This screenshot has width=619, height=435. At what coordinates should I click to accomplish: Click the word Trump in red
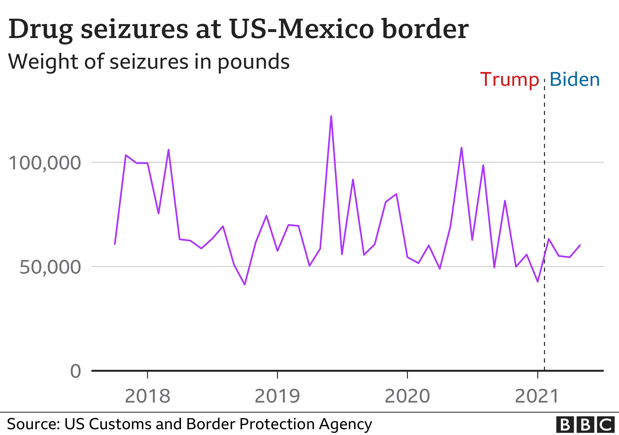click(x=509, y=80)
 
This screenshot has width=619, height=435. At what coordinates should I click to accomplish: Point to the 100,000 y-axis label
click(x=45, y=163)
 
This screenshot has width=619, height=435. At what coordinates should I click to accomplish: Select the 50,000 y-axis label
click(x=50, y=267)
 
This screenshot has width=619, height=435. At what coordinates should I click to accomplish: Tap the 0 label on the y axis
click(x=75, y=371)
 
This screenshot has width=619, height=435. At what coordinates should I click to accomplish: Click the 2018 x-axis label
click(x=147, y=396)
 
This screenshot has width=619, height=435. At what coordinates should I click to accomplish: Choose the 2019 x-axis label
click(x=277, y=396)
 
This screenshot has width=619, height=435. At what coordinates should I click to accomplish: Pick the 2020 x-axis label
click(x=407, y=396)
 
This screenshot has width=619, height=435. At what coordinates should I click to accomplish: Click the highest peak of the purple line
click(x=331, y=116)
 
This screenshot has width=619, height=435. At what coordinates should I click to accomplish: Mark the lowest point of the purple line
click(x=244, y=284)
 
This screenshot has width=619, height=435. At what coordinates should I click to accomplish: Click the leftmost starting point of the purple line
click(x=115, y=244)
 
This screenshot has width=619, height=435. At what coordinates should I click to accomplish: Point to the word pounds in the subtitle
click(x=253, y=62)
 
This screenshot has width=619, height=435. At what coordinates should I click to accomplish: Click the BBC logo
click(x=585, y=425)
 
